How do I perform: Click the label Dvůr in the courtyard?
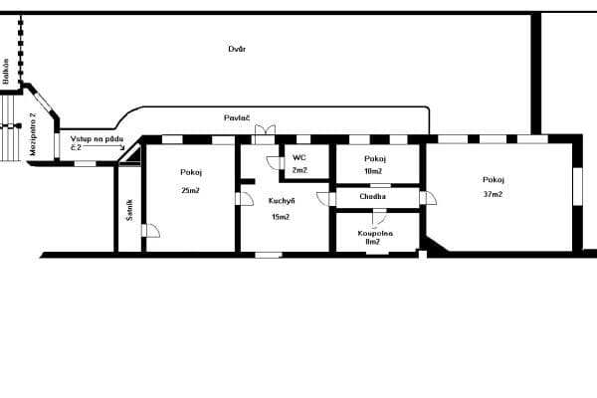point(237,48)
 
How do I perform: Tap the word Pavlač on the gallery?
point(236,117)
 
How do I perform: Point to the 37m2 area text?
point(493,194)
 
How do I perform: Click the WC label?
point(298,157)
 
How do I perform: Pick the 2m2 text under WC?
point(298,170)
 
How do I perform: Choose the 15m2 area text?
point(281,217)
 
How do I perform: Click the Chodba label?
point(373,196)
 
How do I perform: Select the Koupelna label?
point(374,234)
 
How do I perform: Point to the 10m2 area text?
point(374,170)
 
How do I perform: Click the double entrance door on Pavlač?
point(265,134)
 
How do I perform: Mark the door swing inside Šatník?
point(149,231)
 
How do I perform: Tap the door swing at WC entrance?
point(274,162)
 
